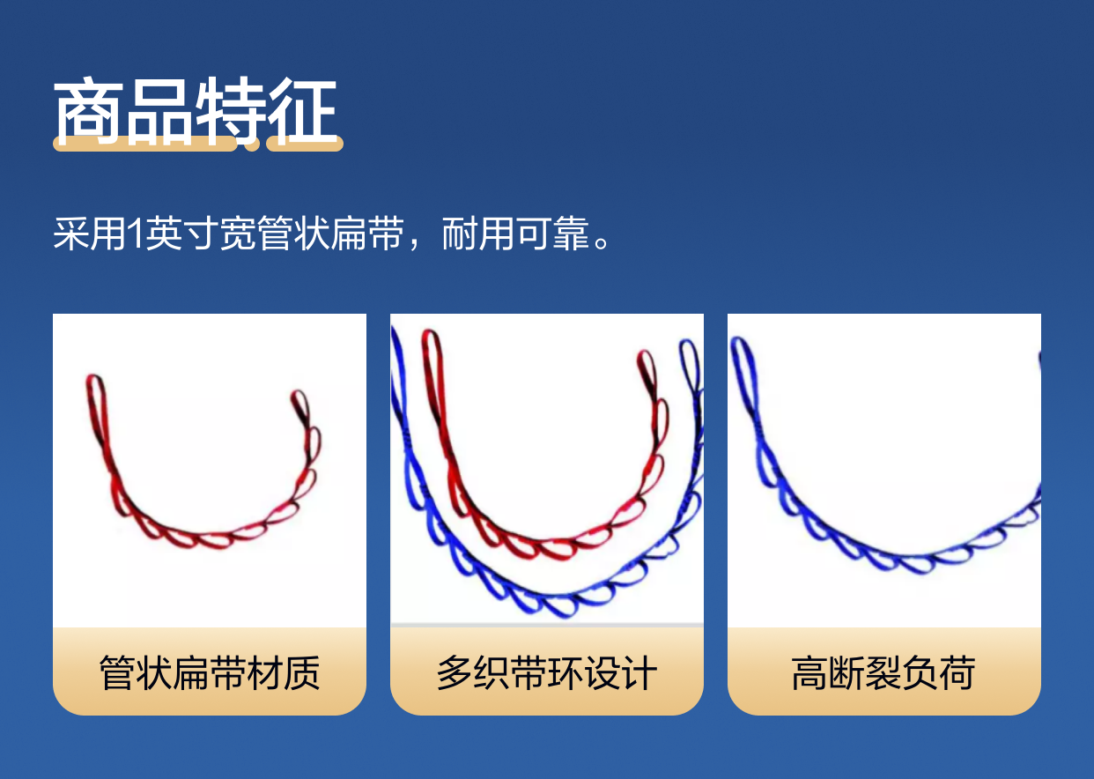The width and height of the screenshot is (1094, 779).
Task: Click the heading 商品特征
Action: pyautogui.click(x=196, y=111)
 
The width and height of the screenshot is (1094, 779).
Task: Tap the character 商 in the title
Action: pyautogui.click(x=88, y=111)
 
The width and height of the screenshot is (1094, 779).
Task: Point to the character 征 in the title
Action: pyautogui.click(x=303, y=111)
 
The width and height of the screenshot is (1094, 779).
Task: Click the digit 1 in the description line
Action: pyautogui.click(x=136, y=234)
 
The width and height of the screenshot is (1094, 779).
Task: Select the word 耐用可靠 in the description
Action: pyautogui.click(x=515, y=234)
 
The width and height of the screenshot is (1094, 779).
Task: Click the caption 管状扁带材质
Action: pyautogui.click(x=210, y=673)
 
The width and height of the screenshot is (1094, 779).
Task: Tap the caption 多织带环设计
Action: pyautogui.click(x=546, y=673)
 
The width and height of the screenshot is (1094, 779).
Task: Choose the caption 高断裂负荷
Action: pyautogui.click(x=883, y=673)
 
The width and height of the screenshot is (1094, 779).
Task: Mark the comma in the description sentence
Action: pyautogui.click(x=415, y=244)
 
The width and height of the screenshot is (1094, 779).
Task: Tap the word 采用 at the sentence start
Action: pyautogui.click(x=89, y=234)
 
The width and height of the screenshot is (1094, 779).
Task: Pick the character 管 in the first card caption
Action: pyautogui.click(x=117, y=673)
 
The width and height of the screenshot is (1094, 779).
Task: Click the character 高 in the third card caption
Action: pyautogui.click(x=809, y=673)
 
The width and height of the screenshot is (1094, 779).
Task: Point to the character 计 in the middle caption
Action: pyautogui.click(x=639, y=673)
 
